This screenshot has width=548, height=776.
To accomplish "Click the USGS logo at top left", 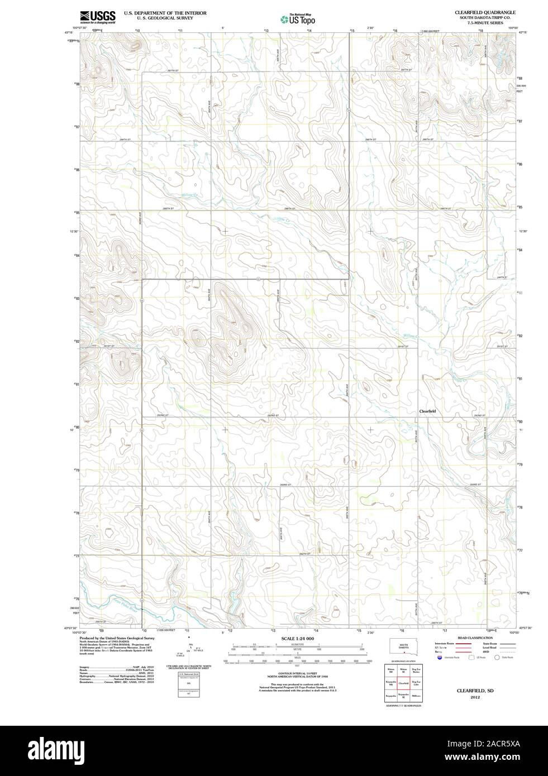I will point(98,17).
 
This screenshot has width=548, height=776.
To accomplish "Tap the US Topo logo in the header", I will point(297,20).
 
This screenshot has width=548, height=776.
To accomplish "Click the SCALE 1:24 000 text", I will point(298,638).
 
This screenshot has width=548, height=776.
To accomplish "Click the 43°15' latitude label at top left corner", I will point(69,33).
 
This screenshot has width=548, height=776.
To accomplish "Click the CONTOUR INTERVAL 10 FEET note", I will point(298,674).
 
